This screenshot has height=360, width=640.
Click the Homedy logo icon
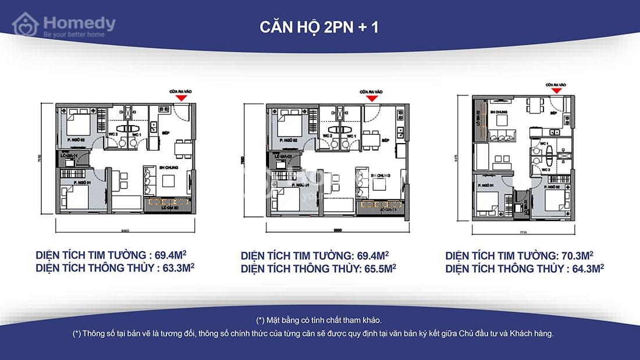26,25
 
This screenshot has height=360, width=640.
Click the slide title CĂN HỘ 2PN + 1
319,27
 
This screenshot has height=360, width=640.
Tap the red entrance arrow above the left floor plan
182,98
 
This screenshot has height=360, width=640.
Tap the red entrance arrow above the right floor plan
556,90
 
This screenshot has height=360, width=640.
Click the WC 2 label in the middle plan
327,136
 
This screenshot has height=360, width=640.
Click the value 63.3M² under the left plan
175,268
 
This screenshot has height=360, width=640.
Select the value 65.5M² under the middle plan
378,268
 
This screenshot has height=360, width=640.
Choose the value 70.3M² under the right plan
575,255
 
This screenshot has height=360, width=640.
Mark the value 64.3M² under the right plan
584,268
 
